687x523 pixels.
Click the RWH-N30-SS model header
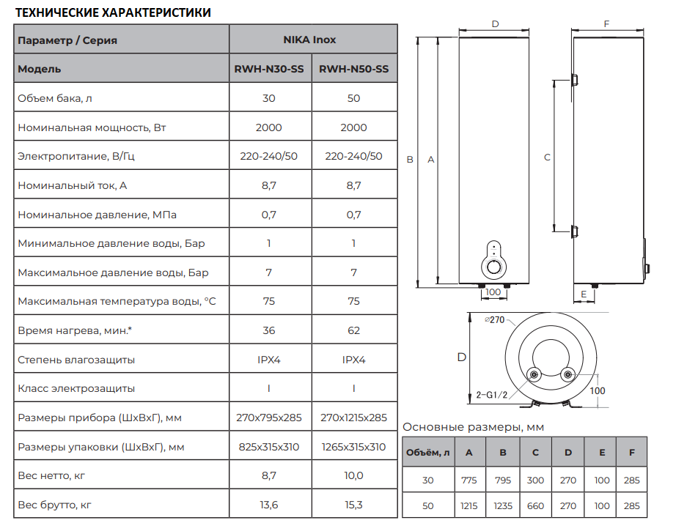tap(269, 69)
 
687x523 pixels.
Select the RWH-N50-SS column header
tap(353, 69)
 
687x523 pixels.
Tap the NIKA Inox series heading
tap(309, 40)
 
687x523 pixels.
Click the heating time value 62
tap(353, 330)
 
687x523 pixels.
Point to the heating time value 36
tap(269, 330)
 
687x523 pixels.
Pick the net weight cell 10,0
tap(353, 475)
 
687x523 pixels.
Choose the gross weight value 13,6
tap(269, 505)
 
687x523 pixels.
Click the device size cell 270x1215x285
tap(353, 418)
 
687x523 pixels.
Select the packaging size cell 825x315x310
tap(269, 447)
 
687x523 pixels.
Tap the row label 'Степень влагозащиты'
tap(76, 360)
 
